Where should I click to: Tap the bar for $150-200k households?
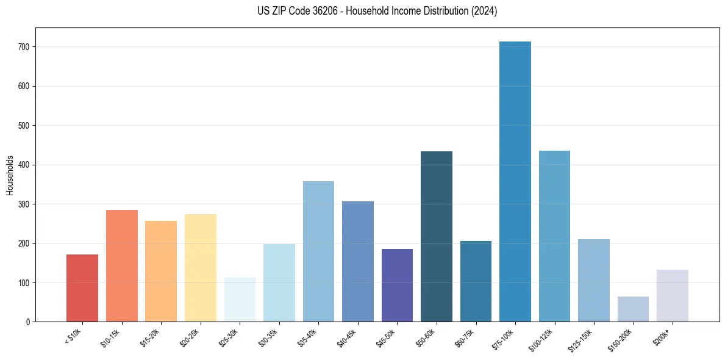point(633,309)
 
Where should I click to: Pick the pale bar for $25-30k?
point(240,300)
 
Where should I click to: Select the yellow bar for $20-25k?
point(201,268)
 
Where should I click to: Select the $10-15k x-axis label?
point(110,337)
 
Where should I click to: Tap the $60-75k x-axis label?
point(465,337)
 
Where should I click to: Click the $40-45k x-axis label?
point(346,337)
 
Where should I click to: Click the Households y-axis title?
point(10,175)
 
